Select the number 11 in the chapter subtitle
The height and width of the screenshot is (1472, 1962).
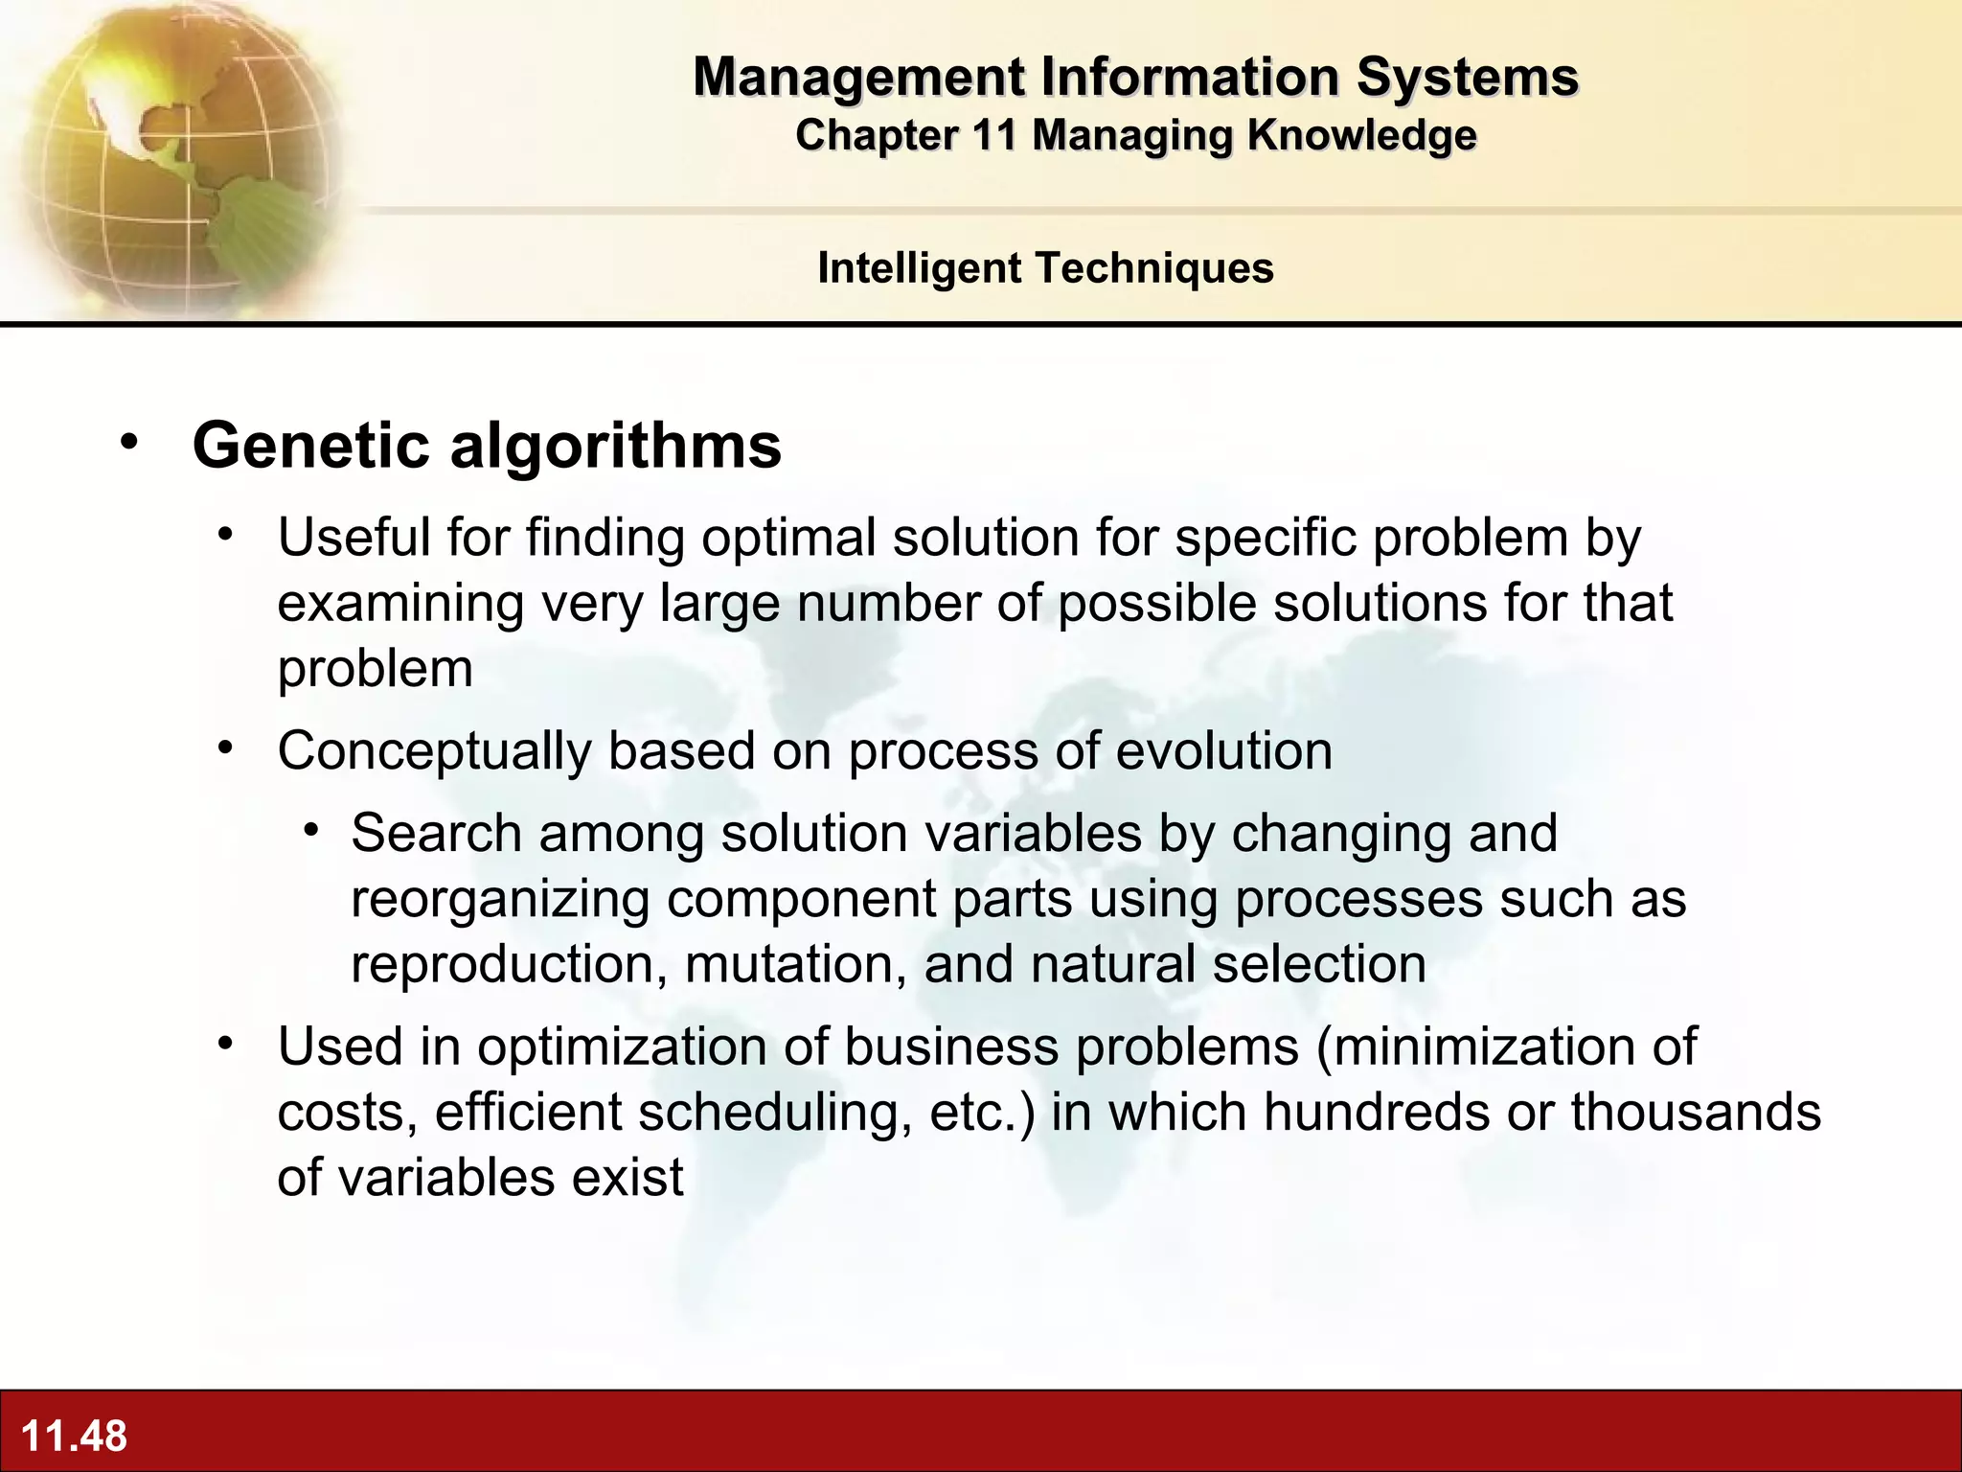point(993,135)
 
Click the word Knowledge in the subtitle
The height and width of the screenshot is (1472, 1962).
point(1361,135)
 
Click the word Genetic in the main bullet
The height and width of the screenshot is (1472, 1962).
point(310,446)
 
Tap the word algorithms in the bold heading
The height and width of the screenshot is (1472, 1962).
point(615,448)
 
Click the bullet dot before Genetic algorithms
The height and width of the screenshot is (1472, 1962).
point(129,442)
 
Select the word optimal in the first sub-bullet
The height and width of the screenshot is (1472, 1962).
point(788,538)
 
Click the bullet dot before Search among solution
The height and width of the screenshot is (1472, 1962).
point(310,828)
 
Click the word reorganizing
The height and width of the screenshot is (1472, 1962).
point(500,900)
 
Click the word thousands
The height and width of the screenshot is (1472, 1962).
point(1695,1112)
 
